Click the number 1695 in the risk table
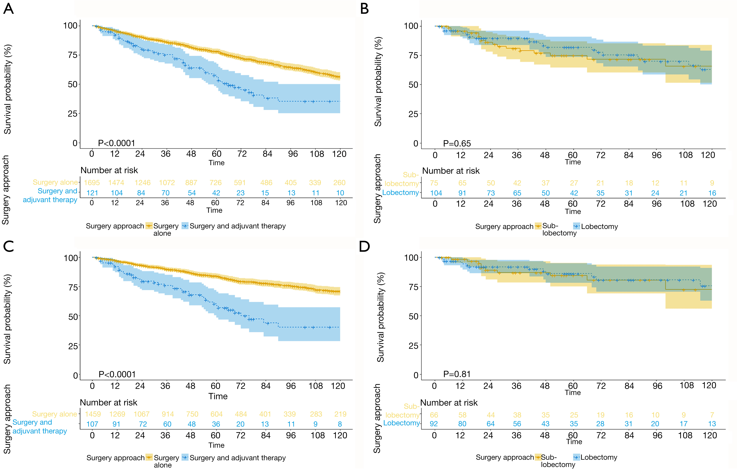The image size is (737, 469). pos(92,183)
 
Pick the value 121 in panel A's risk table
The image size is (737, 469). pos(92,193)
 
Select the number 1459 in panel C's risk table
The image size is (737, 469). pos(93,414)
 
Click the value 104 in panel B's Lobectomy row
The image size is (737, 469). pos(436,193)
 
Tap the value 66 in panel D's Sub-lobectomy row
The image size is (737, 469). pos(434,415)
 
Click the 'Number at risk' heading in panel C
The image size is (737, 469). pos(109,403)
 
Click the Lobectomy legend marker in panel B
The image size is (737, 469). pos(577,227)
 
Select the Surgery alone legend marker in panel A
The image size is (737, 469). pos(149,226)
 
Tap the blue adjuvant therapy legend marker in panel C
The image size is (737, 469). pos(185,458)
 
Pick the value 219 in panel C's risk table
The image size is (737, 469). pos(340,414)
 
